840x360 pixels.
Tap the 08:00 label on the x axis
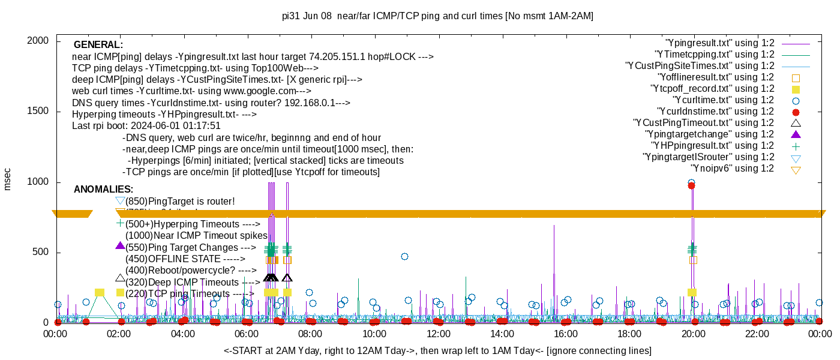pos(310,334)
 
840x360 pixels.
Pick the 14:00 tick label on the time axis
pos(502,334)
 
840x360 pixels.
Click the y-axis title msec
pos(8,179)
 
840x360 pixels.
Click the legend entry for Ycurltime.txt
pos(724,100)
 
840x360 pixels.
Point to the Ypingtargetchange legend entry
pos(709,134)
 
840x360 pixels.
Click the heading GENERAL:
pos(98,45)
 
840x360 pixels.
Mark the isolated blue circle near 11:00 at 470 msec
pos(405,257)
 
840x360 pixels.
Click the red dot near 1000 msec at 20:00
pos(691,186)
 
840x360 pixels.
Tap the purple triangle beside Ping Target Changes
pos(120,245)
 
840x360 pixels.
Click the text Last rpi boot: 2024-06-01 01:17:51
pos(146,126)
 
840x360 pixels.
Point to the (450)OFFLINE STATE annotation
pos(185,259)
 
